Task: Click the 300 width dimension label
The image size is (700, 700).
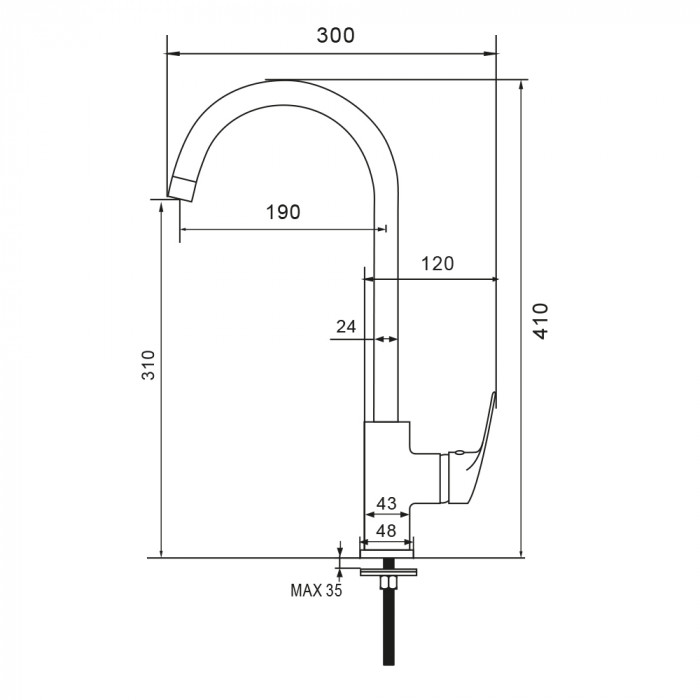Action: [336, 35]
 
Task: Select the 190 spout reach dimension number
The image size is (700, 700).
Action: [283, 212]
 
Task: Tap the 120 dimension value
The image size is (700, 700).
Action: [438, 264]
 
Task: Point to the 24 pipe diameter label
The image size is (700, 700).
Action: [346, 327]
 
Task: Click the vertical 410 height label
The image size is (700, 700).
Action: [541, 321]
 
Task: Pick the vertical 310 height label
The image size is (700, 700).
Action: [148, 365]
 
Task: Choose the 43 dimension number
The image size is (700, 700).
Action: [386, 504]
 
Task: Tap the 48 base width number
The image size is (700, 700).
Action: [386, 531]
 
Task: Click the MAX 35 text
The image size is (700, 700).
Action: [316, 590]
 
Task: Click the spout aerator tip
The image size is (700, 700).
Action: [182, 189]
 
